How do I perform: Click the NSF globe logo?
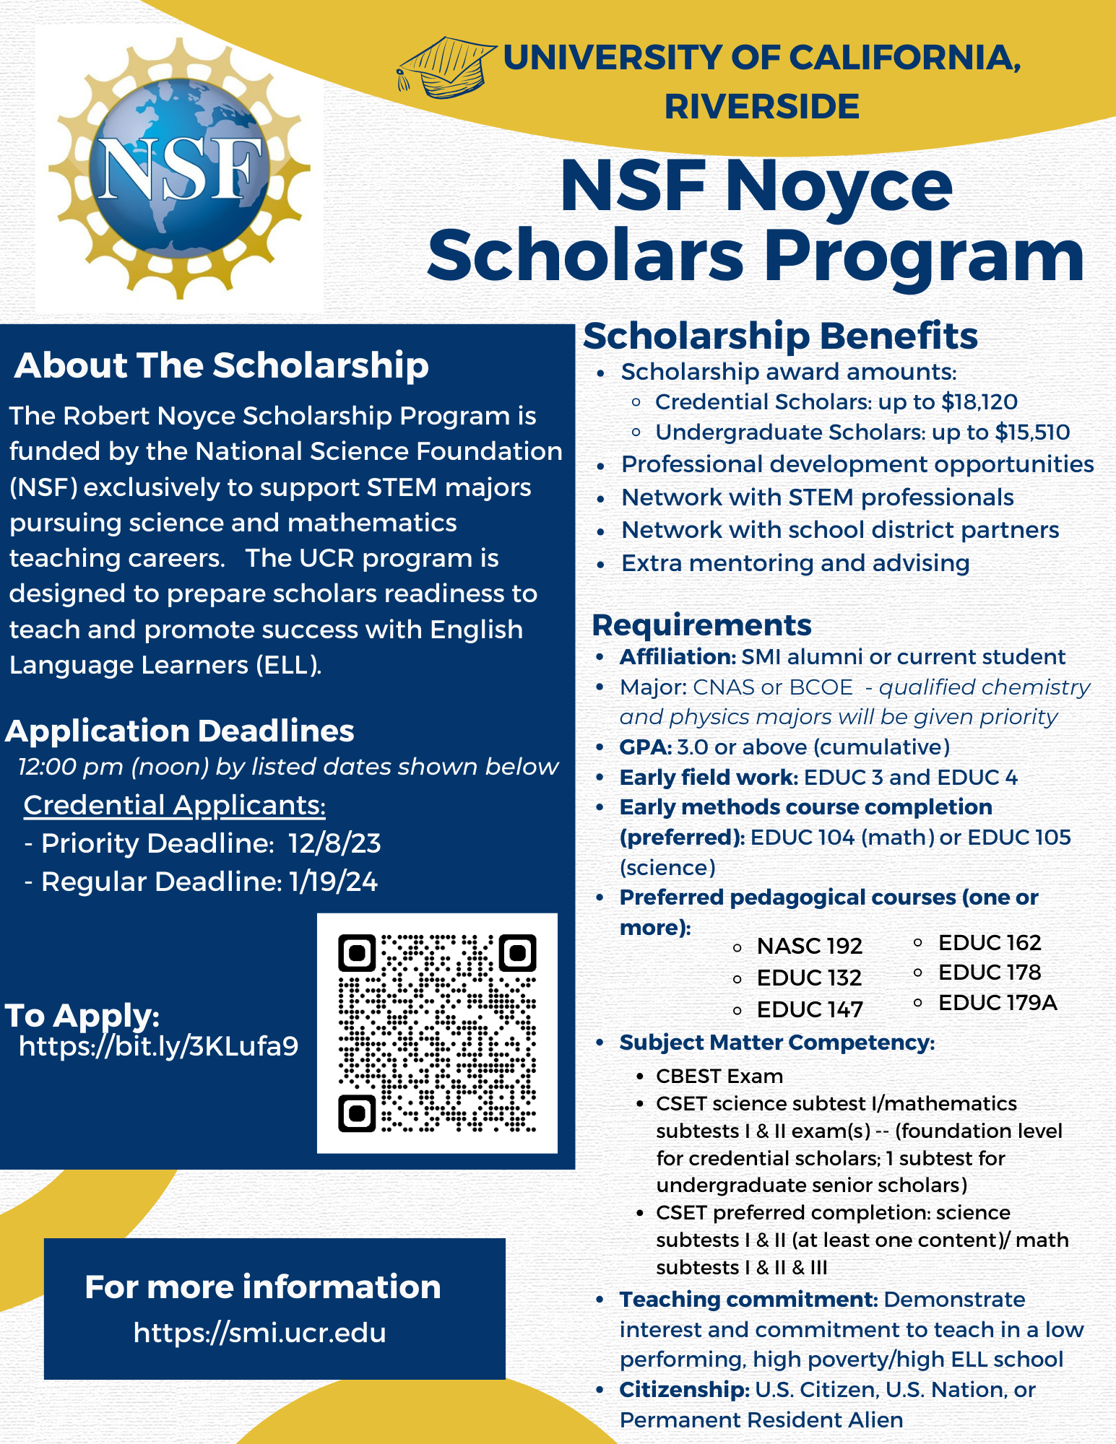(x=179, y=168)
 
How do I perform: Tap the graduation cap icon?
(x=445, y=68)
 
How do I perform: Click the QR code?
(x=437, y=1032)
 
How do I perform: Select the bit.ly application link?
(x=158, y=1045)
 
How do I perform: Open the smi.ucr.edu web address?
(x=260, y=1333)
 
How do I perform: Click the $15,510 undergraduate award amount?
(x=1032, y=432)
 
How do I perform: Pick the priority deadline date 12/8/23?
(x=334, y=843)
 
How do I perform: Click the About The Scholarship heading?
(x=221, y=365)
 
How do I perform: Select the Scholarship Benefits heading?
(x=780, y=336)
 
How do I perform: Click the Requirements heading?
(x=701, y=625)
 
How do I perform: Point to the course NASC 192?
(x=809, y=945)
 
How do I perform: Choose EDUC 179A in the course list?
(x=998, y=1002)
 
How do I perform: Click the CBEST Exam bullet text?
(x=719, y=1076)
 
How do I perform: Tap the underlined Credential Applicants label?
(x=174, y=805)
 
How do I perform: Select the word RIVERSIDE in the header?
(x=762, y=107)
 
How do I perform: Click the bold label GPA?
(x=646, y=747)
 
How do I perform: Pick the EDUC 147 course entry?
(x=810, y=1009)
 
